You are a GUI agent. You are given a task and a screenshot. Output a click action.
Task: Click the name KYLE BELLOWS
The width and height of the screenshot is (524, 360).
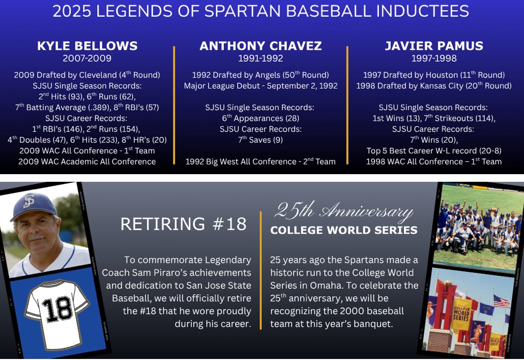point(87,46)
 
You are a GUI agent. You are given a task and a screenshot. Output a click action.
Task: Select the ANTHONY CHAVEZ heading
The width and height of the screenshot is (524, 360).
point(260,46)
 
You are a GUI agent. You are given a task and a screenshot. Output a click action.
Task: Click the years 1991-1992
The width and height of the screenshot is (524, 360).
point(260,58)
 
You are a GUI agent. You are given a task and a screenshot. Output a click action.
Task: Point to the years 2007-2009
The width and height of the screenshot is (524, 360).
point(87,58)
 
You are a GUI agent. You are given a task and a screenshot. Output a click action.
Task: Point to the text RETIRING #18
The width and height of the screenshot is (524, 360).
point(183,224)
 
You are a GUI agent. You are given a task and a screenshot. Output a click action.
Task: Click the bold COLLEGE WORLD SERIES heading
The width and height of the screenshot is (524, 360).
point(344,231)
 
